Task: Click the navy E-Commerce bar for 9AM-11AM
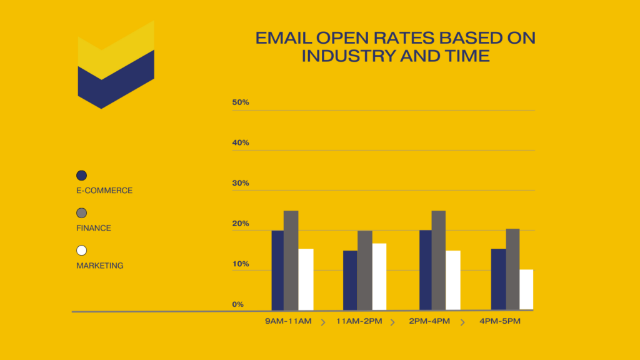[x=277, y=270]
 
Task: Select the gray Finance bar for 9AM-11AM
[x=291, y=260]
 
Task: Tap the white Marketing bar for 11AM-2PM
[x=379, y=276]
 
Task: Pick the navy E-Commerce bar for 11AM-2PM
[x=350, y=280]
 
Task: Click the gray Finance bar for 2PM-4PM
[x=438, y=260]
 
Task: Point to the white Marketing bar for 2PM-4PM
[x=453, y=280]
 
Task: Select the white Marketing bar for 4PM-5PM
[x=526, y=289]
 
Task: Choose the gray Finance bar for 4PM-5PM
[x=512, y=269]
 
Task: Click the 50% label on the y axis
[x=241, y=102]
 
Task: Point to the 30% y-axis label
[x=241, y=183]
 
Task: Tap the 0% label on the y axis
[x=238, y=304]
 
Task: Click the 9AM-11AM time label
[x=288, y=321]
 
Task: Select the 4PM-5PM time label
[x=500, y=321]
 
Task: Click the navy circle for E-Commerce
[x=81, y=176]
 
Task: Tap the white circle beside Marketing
[x=81, y=251]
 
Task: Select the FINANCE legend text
[x=94, y=228]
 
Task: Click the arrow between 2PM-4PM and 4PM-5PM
[x=463, y=322]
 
